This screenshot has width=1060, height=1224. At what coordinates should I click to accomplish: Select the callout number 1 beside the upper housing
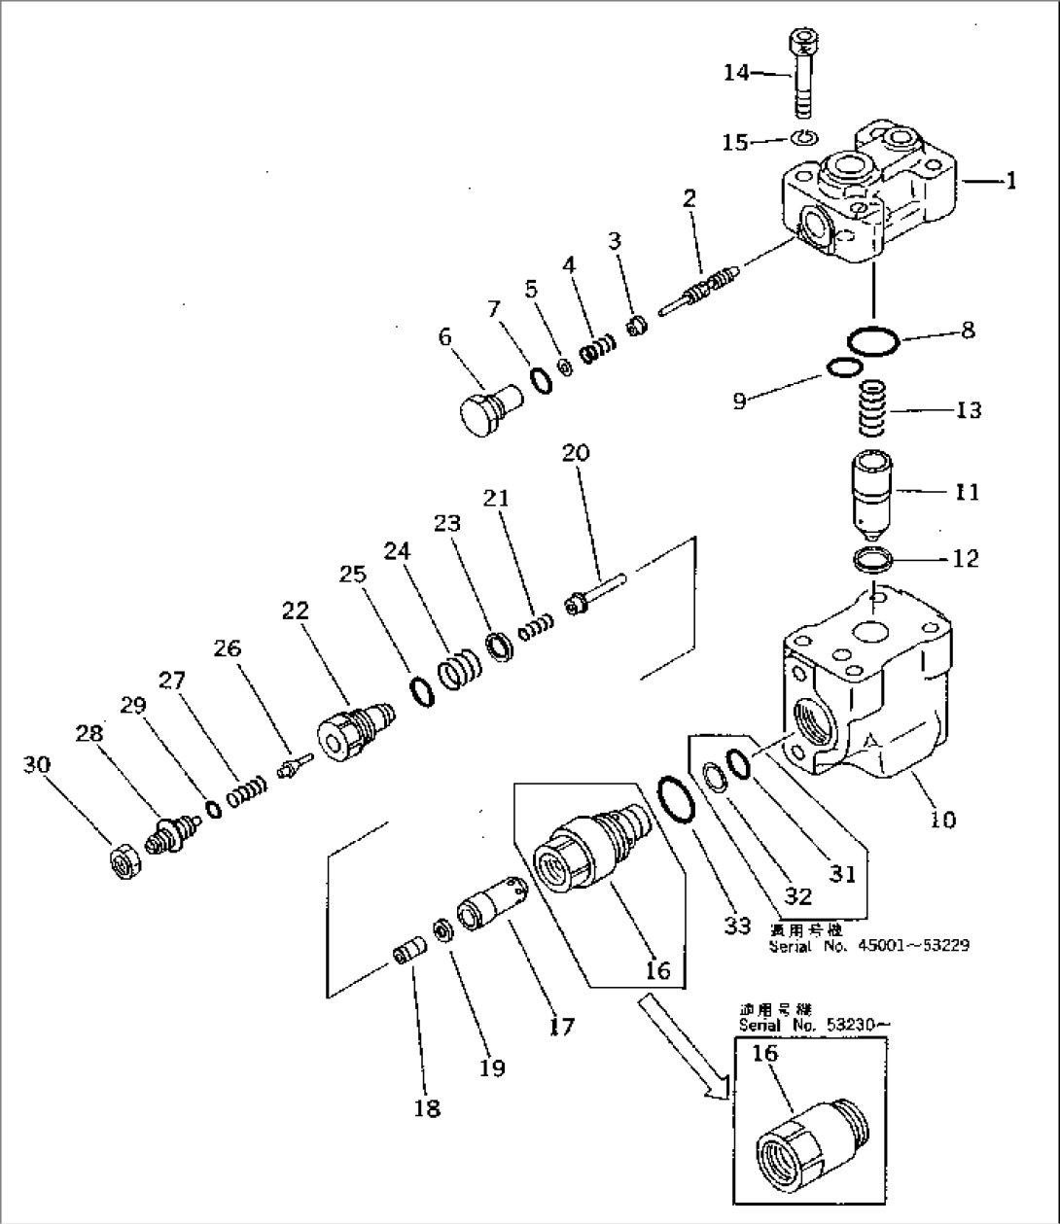coord(1010,181)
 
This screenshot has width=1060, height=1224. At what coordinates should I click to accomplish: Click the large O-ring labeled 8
coord(872,343)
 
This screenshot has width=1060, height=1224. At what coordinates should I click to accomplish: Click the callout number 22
coord(295,610)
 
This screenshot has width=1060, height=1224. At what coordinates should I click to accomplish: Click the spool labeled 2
coord(698,292)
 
